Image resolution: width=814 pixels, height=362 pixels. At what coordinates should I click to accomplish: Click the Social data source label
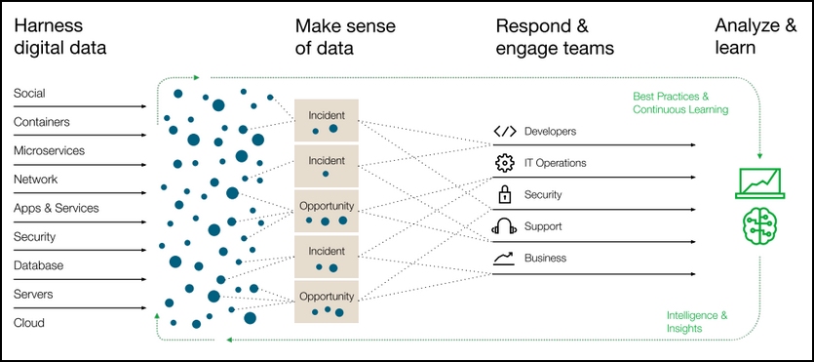point(29,94)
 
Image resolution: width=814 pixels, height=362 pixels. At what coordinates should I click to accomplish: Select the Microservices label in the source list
point(49,151)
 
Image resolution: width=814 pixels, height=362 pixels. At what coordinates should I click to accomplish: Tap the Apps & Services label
point(57,208)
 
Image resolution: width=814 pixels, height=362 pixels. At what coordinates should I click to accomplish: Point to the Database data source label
point(38,265)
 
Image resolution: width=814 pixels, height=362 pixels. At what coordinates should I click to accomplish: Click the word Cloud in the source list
point(29,323)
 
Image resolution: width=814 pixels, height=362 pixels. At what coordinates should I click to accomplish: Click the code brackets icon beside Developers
point(505,132)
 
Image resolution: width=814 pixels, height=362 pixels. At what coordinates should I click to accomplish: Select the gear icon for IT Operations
point(504,163)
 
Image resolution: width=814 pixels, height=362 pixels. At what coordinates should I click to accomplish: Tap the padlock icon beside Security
point(504,194)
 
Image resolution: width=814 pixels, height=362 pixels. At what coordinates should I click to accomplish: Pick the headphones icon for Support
point(504,226)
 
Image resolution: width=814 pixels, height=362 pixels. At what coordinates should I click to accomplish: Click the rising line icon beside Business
point(504,259)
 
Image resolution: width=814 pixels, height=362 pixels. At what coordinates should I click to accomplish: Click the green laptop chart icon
point(760,183)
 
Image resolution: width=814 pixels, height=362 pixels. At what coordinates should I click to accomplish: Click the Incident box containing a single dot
point(326,166)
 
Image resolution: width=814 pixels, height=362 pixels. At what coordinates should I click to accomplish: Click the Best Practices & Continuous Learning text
point(680,102)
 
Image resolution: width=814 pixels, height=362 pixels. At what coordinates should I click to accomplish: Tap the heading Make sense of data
point(345,37)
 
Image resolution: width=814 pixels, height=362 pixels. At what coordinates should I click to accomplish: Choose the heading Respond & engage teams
point(555,37)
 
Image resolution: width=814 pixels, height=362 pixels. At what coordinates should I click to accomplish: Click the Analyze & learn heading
point(756,36)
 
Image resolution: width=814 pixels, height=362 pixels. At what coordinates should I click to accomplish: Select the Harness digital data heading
point(59,37)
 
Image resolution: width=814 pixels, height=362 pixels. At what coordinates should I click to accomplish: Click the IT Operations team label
point(555,163)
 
